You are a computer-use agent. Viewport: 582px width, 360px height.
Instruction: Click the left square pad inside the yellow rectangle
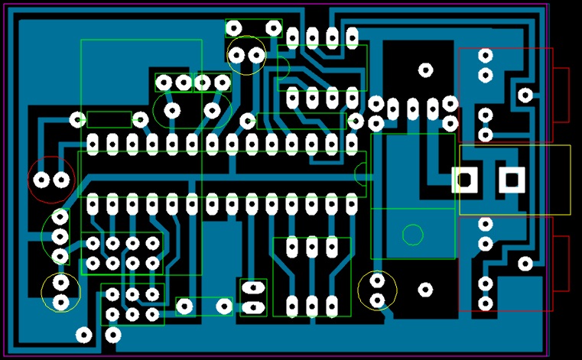coord(464,180)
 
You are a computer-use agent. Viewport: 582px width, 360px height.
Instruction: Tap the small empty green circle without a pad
coord(413,235)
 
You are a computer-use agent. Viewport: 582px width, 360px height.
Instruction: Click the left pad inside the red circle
coord(42,180)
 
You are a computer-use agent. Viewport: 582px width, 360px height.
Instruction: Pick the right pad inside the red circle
coord(61,180)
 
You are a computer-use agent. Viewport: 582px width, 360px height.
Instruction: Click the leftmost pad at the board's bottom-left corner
coord(84,335)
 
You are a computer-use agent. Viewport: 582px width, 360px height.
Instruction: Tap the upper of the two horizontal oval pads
coord(252,288)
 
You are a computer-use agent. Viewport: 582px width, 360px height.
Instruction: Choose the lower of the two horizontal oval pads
coord(252,309)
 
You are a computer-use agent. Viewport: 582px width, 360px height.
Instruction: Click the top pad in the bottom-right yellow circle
coord(377,281)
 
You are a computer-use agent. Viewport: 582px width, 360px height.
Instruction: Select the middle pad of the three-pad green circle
coord(60,237)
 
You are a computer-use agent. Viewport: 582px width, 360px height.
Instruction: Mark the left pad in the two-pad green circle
coord(172,111)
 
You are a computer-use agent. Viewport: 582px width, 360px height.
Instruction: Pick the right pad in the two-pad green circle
coord(212,111)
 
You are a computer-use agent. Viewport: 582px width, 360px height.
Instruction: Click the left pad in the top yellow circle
coord(236,55)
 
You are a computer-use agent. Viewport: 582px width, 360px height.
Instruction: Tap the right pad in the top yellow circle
coord(256,55)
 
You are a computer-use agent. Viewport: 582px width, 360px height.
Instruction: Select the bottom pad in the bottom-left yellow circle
coord(61,303)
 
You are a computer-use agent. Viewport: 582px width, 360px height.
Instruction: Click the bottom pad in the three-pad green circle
coord(60,256)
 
